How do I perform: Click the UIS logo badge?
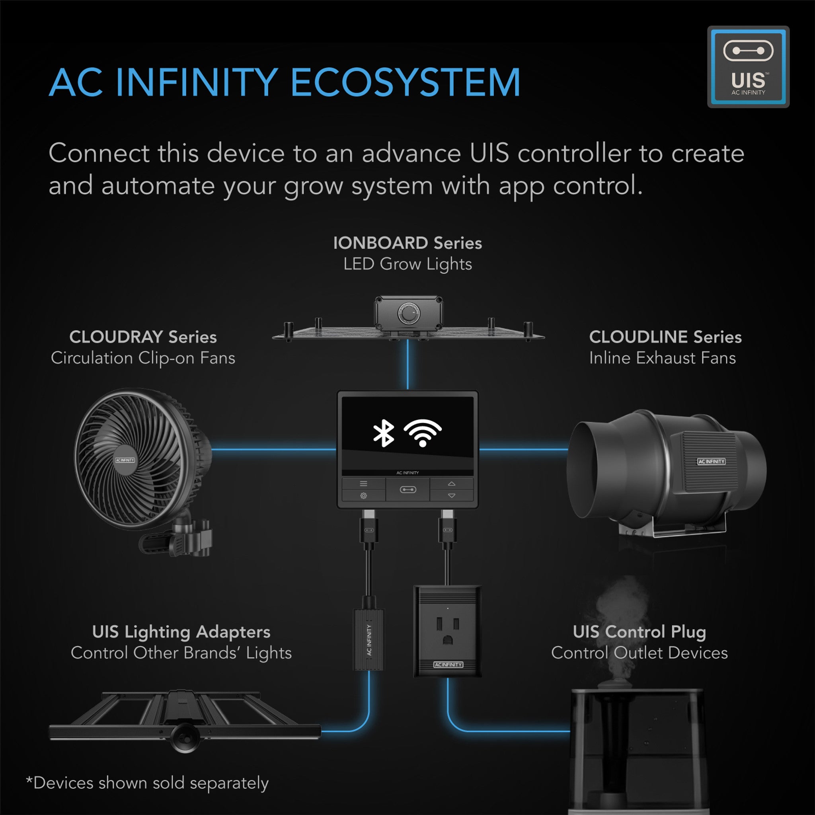pyautogui.click(x=748, y=66)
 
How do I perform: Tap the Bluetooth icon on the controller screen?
pyautogui.click(x=384, y=434)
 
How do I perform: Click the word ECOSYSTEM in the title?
pyautogui.click(x=406, y=83)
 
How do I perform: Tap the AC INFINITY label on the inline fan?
pyautogui.click(x=711, y=462)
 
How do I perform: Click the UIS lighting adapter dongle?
pyautogui.click(x=369, y=640)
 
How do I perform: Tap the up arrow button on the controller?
pyautogui.click(x=451, y=484)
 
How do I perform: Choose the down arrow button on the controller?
pyautogui.click(x=451, y=496)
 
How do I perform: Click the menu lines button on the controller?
pyautogui.click(x=363, y=484)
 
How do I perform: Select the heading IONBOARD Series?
pyautogui.click(x=407, y=243)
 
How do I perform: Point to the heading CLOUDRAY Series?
pyautogui.click(x=143, y=337)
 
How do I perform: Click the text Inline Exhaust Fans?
pyautogui.click(x=662, y=358)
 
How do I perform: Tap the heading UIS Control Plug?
pyautogui.click(x=639, y=632)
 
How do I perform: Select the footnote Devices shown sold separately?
pyautogui.click(x=147, y=783)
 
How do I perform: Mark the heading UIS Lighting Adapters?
pyautogui.click(x=181, y=632)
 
